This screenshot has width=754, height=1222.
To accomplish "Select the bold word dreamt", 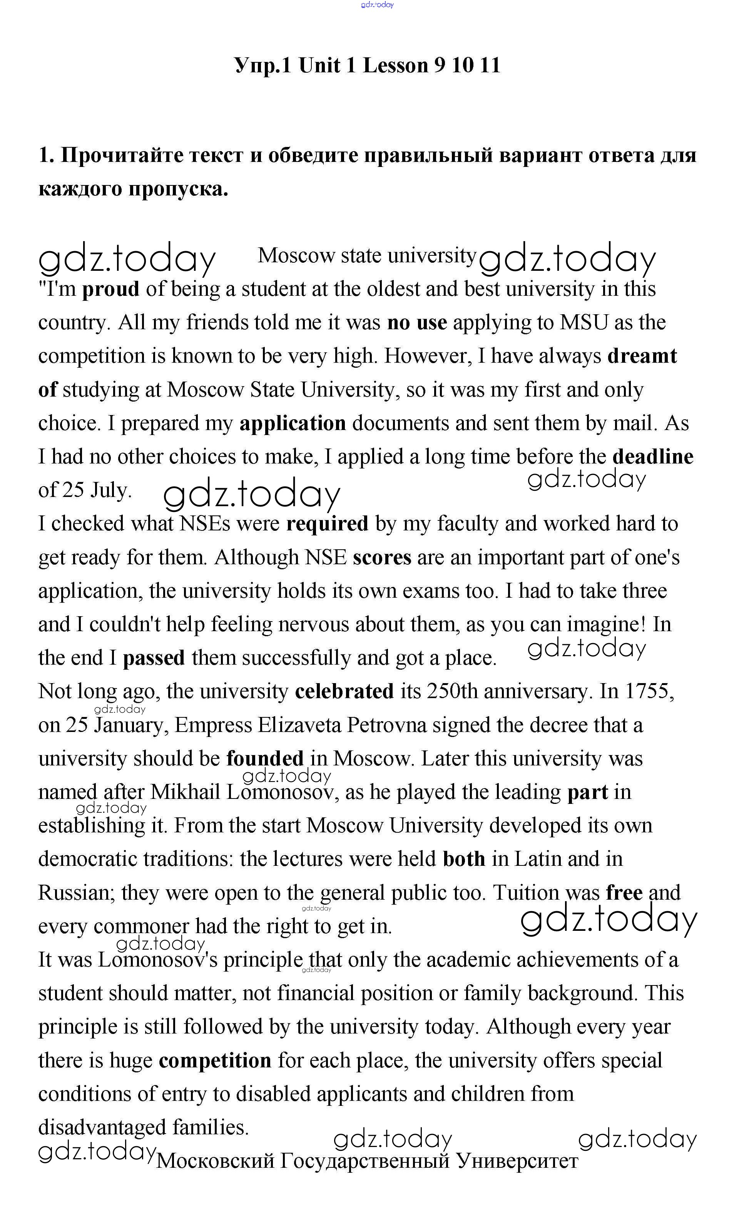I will (642, 356).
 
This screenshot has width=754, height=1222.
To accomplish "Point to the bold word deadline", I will (652, 457).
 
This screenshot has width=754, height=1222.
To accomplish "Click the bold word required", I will (327, 524).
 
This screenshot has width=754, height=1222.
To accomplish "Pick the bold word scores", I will (382, 558).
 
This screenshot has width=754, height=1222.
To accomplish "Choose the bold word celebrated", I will (344, 692).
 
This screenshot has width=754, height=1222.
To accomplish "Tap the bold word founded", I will (265, 759).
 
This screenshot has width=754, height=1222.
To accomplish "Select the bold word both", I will (464, 859).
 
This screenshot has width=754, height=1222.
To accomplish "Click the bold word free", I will (624, 893).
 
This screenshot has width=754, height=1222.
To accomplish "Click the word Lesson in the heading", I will (395, 65).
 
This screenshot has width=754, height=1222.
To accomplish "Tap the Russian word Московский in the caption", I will (216, 1161).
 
